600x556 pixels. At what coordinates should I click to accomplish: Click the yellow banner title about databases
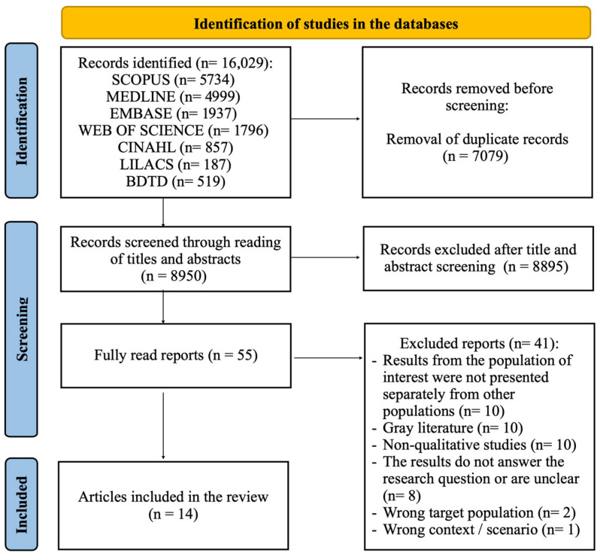(326, 24)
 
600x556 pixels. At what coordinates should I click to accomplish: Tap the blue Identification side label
(21, 121)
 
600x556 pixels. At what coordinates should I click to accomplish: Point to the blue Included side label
(21, 505)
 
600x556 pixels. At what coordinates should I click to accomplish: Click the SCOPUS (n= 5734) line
(173, 80)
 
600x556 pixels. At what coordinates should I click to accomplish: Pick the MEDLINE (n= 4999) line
(173, 96)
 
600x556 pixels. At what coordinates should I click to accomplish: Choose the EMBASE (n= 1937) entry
(173, 114)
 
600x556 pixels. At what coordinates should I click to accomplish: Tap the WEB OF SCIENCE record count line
(174, 130)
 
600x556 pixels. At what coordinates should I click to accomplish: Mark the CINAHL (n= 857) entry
(175, 147)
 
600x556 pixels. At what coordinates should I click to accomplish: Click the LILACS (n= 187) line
(175, 164)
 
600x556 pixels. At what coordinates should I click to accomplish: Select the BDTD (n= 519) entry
(175, 181)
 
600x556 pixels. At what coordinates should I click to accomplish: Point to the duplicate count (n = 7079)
(475, 156)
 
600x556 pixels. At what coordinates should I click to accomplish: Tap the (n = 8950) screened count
(174, 275)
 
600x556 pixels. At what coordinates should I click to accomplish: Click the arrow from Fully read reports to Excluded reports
(328, 358)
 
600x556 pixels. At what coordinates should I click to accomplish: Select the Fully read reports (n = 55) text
(176, 355)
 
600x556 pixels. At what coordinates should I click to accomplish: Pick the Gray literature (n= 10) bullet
(447, 428)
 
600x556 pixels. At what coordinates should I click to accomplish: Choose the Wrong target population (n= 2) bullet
(474, 512)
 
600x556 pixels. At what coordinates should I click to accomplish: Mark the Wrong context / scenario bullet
(476, 530)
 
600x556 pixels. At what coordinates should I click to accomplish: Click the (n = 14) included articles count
(174, 514)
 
